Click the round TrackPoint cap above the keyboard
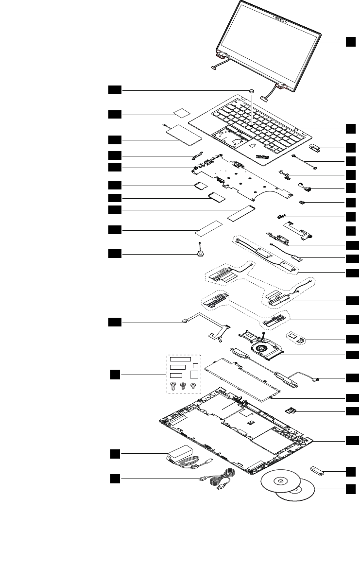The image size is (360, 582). [x=251, y=90]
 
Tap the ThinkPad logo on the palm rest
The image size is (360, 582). [x=263, y=156]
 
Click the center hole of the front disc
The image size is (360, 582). [x=281, y=481]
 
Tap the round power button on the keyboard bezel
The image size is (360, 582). [x=296, y=129]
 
